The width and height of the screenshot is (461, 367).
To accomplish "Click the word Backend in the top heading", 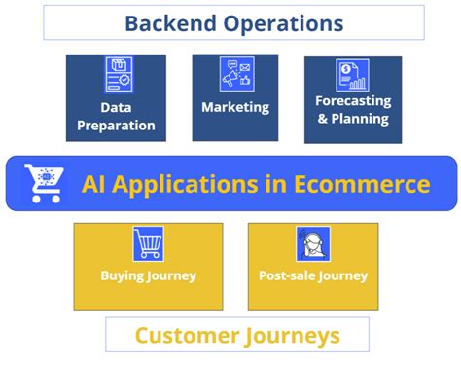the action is (x=171, y=23).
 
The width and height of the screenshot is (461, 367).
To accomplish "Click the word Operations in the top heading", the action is (x=284, y=24).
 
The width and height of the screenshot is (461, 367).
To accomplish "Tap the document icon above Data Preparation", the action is (x=119, y=74).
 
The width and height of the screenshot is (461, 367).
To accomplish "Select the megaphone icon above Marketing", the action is (x=236, y=74).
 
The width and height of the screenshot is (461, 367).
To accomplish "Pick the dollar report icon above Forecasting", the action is (x=352, y=75).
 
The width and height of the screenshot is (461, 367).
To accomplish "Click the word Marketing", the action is (x=235, y=107).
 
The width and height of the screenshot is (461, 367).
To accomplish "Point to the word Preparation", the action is (x=116, y=126).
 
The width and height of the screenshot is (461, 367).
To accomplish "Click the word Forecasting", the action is (x=353, y=101).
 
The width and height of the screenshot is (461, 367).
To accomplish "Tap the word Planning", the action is (x=360, y=119).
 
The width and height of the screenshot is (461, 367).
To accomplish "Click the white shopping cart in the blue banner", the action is (x=44, y=183).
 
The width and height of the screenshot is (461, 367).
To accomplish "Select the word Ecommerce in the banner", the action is (x=362, y=184).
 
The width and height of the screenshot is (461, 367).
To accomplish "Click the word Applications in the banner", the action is (x=187, y=185).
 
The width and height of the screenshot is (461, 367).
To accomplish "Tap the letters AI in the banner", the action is (x=93, y=184).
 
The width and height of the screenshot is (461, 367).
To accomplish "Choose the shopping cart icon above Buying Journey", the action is (x=148, y=243).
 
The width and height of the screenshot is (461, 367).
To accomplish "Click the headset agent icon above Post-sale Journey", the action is (x=313, y=244).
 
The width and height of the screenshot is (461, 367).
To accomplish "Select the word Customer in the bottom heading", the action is (x=187, y=336).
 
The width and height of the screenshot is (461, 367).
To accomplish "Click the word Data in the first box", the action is (x=116, y=108).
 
